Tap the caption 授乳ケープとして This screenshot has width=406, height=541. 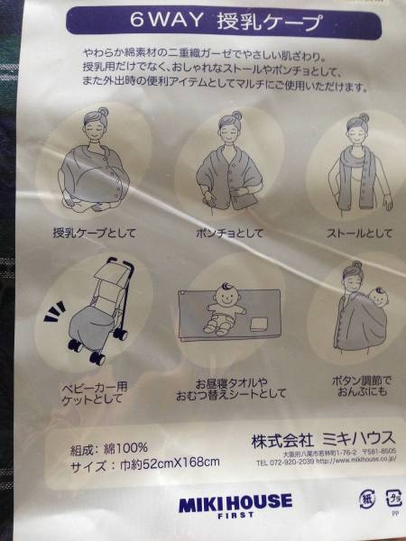tap(95, 233)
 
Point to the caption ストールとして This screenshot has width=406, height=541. tap(359, 233)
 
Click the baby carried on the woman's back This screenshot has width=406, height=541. tap(376, 302)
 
